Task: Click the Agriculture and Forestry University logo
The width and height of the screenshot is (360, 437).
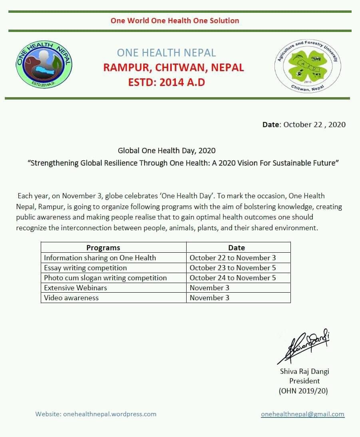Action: (x=308, y=66)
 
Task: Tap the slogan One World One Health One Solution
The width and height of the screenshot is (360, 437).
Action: (x=175, y=20)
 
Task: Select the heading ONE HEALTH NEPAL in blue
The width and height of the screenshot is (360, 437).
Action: (x=166, y=53)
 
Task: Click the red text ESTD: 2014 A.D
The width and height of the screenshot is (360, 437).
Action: (x=166, y=82)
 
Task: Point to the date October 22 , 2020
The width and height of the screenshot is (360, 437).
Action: (x=314, y=124)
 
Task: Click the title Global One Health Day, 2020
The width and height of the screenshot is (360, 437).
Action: (x=167, y=151)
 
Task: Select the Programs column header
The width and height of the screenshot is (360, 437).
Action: (x=103, y=247)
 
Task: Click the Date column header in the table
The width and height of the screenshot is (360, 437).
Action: (x=237, y=247)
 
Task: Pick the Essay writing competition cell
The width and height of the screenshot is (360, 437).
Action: (x=85, y=267)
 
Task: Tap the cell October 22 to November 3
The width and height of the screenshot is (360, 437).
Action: (x=233, y=257)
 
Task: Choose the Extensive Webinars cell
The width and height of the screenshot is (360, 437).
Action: (x=76, y=287)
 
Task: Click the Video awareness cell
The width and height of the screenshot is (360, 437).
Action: (x=71, y=297)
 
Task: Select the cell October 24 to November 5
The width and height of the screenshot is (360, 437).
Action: (x=233, y=277)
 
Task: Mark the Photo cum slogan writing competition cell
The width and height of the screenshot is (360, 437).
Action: (x=105, y=277)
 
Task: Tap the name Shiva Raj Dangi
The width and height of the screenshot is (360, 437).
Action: (x=304, y=371)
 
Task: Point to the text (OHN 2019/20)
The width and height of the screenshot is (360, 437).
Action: (x=303, y=391)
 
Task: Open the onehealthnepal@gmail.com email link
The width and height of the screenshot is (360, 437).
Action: (x=302, y=414)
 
